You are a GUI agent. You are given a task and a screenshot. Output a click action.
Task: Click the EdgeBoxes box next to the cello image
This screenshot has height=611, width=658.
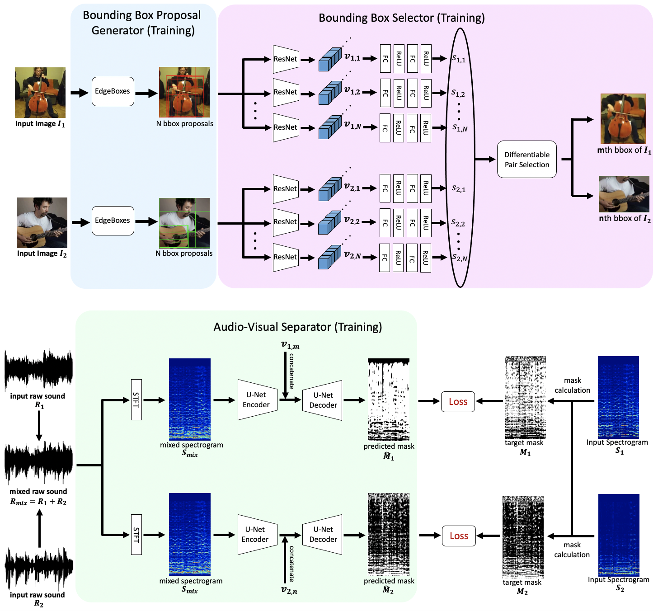click(113, 91)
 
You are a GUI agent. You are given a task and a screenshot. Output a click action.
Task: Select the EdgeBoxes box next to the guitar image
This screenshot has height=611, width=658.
click(113, 221)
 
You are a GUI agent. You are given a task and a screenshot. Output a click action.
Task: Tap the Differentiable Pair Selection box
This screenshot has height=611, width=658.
click(526, 160)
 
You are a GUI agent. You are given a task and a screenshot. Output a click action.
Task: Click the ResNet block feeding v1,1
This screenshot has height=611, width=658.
click(286, 59)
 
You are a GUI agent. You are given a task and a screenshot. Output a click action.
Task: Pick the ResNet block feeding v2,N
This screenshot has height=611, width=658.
click(286, 257)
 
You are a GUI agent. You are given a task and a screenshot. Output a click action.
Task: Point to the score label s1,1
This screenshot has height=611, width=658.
click(459, 59)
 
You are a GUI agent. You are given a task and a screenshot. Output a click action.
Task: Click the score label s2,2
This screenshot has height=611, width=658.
click(458, 223)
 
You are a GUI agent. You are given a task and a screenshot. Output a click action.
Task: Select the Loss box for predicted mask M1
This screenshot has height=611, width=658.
click(458, 402)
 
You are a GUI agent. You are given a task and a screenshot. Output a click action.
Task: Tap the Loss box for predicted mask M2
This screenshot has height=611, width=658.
click(459, 536)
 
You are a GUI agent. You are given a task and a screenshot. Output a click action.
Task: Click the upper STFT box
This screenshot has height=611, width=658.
click(136, 399)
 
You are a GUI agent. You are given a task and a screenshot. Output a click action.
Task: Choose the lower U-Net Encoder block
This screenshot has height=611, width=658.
click(257, 535)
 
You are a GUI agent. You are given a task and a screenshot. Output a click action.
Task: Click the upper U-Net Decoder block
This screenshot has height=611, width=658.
click(323, 400)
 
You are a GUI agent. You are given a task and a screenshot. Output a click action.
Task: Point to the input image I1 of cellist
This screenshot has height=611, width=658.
click(40, 93)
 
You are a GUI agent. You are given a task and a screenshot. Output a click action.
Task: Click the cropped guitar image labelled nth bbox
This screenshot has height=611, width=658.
click(624, 194)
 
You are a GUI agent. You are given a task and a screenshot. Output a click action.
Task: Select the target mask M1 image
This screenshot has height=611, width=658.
click(525, 397)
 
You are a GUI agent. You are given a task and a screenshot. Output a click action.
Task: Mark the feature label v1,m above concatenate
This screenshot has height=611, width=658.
click(290, 346)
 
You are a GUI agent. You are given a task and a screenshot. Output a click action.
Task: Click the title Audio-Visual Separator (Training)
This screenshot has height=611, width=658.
click(297, 327)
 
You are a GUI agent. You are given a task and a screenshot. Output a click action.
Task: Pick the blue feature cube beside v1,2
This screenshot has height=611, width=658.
click(329, 93)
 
